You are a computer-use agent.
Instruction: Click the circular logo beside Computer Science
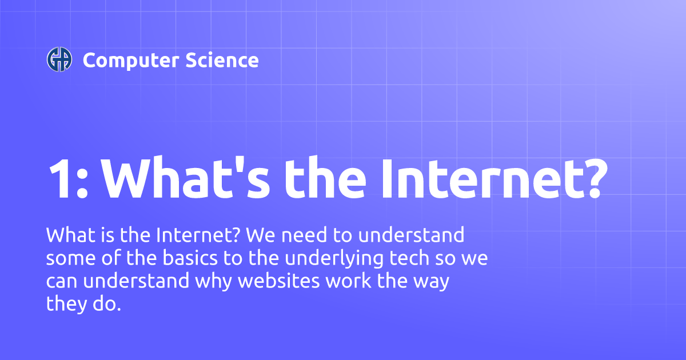click(x=59, y=60)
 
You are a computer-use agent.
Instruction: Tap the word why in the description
click(x=214, y=282)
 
